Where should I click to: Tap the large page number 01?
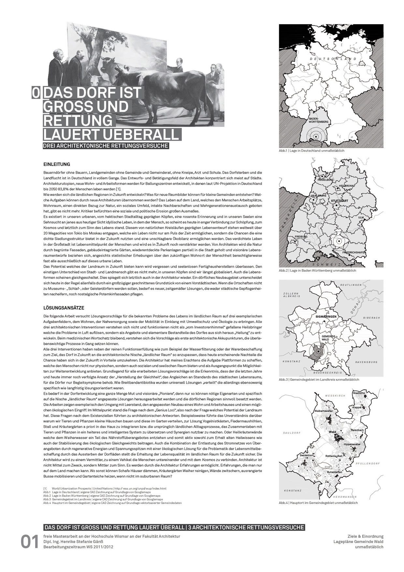point(30,542)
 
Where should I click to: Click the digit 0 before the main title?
point(36,93)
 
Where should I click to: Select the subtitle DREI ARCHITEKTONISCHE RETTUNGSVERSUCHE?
point(106,146)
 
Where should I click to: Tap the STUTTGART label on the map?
point(339,201)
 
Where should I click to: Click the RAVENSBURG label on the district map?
point(366,362)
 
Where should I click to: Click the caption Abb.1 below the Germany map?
point(311,151)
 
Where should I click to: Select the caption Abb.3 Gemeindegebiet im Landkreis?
point(319,380)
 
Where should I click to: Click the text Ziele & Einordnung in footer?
point(366,536)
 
